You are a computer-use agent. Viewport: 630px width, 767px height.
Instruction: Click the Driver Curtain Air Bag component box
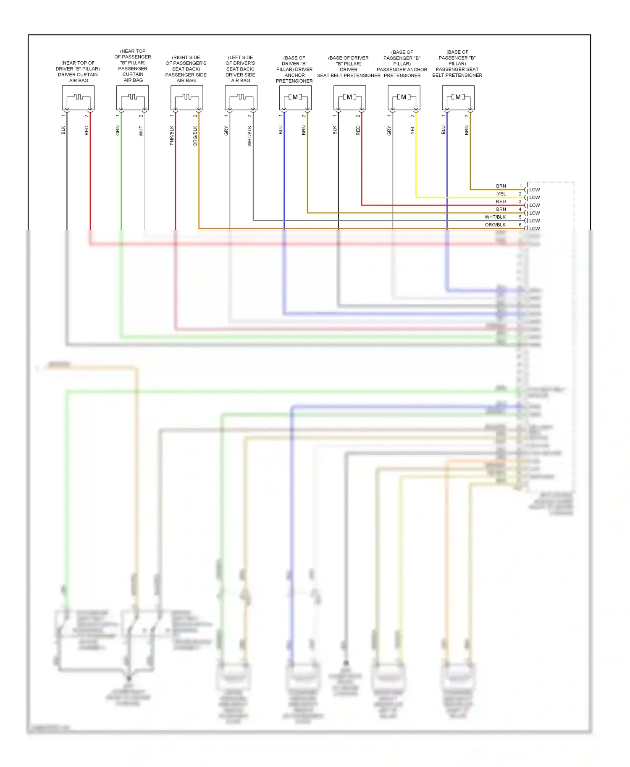78,98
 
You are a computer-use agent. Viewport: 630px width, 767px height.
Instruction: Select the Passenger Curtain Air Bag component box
132,98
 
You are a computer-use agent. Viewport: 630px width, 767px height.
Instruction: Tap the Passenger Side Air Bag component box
187,98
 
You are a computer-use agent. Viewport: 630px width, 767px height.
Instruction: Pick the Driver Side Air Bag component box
241,98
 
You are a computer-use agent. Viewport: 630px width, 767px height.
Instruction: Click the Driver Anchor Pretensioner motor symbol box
295,98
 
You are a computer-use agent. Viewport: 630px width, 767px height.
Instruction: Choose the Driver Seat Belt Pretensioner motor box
349,98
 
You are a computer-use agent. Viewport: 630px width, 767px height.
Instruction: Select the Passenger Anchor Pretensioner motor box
404,98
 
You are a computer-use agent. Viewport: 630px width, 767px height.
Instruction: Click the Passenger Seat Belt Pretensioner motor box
458,98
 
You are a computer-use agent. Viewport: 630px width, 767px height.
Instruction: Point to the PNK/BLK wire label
172,136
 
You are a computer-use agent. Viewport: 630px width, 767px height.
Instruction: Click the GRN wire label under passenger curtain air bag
118,130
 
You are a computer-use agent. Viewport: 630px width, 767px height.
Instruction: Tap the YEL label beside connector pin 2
501,194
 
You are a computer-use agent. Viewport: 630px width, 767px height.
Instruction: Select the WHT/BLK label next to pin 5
495,217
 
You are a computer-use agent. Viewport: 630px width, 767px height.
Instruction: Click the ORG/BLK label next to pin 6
495,225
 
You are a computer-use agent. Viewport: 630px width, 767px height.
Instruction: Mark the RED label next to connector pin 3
501,201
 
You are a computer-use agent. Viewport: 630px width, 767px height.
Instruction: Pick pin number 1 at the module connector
521,186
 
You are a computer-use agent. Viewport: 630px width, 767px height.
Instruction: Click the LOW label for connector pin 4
535,213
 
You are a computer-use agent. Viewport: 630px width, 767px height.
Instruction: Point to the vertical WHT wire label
141,131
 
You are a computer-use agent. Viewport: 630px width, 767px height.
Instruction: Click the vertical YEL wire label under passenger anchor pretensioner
412,130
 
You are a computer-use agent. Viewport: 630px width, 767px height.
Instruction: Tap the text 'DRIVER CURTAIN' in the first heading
78,75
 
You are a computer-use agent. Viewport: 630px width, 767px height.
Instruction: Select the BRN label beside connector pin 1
501,186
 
